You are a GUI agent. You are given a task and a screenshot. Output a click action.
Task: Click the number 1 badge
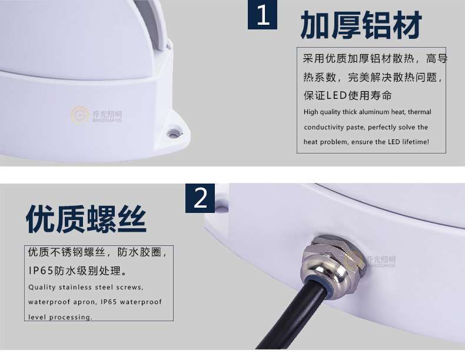click(263, 15)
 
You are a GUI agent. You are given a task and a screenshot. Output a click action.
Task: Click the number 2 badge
click(200, 198)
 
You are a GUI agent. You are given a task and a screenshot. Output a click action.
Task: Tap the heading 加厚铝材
click(361, 25)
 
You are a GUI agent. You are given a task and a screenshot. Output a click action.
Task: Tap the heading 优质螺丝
click(87, 219)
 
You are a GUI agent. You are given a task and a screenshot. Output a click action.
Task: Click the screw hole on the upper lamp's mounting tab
click(174, 133)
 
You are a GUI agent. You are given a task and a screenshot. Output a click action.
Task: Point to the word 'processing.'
click(71, 317)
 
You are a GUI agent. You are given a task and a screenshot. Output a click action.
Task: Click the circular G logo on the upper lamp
click(79, 115)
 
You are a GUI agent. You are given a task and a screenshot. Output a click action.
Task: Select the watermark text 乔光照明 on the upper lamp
click(107, 114)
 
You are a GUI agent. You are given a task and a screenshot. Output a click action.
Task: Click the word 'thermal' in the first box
click(419, 112)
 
